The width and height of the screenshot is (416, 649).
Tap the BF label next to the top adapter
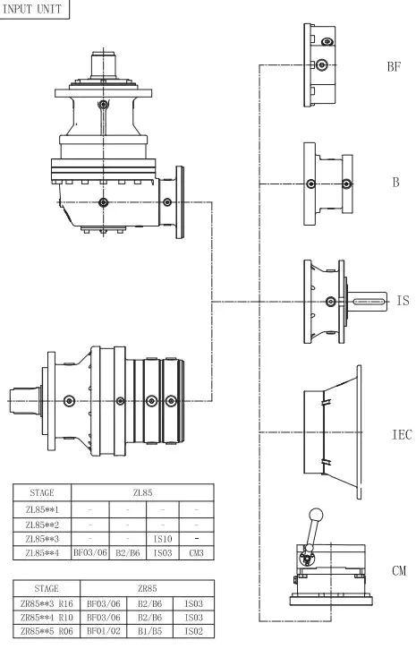pos(393,67)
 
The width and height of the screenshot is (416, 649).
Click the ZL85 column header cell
pos(142,492)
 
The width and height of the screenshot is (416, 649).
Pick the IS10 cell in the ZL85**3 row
pos(162,539)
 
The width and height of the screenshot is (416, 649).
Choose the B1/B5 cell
pos(142,632)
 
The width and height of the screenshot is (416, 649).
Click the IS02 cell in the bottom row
pos(189,632)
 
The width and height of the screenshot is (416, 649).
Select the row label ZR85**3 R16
pos(45,603)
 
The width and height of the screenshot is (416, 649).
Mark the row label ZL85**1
pos(42,508)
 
